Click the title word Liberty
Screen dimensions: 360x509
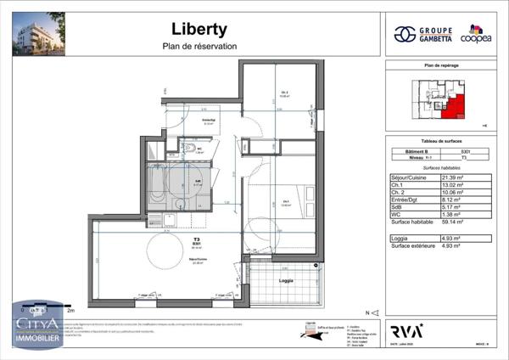pyautogui.click(x=199, y=29)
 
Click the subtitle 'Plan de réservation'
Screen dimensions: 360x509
pyautogui.click(x=199, y=46)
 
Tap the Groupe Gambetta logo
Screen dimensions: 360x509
pyautogui.click(x=421, y=34)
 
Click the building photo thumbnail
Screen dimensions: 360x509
pyautogui.click(x=38, y=32)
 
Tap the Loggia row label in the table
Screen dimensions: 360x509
pyautogui.click(x=400, y=239)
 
